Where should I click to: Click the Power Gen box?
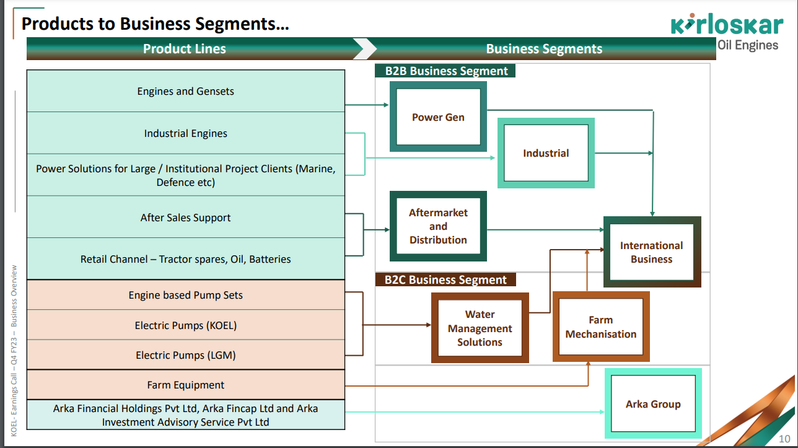pyautogui.click(x=438, y=117)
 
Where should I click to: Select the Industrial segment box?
pyautogui.click(x=546, y=153)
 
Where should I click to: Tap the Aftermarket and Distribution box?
pyautogui.click(x=438, y=226)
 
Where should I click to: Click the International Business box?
pyautogui.click(x=651, y=252)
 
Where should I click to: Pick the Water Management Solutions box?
pyautogui.click(x=480, y=328)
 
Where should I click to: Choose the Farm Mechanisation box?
pyautogui.click(x=600, y=327)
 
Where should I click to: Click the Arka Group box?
pyautogui.click(x=653, y=404)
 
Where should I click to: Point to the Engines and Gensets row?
pyautogui.click(x=186, y=91)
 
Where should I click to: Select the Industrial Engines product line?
pyautogui.click(x=186, y=133)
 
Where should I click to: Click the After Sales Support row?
pyautogui.click(x=186, y=217)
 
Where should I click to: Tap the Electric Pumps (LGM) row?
pyautogui.click(x=186, y=355)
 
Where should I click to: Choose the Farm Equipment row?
pyautogui.click(x=186, y=385)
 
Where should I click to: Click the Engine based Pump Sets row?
pyautogui.click(x=186, y=295)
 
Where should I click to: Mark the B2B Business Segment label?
pyautogui.click(x=446, y=71)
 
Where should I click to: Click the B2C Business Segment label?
pyautogui.click(x=445, y=279)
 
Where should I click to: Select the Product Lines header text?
pyautogui.click(x=185, y=49)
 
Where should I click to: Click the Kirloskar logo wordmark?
pyautogui.click(x=727, y=26)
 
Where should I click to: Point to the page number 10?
pyautogui.click(x=784, y=439)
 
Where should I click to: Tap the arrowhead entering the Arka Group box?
pyautogui.click(x=602, y=412)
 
